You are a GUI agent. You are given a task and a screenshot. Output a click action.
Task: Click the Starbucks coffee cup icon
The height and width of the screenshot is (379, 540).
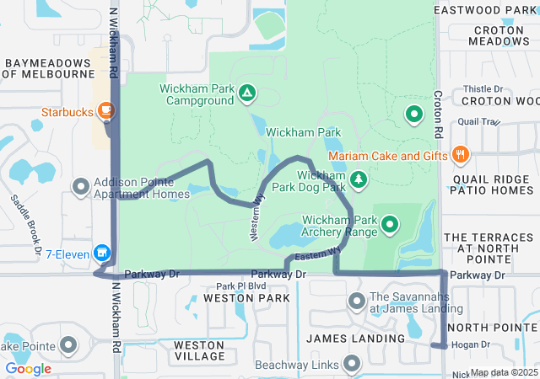click(105, 109)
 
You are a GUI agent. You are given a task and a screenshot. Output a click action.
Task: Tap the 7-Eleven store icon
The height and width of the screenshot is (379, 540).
click(102, 252)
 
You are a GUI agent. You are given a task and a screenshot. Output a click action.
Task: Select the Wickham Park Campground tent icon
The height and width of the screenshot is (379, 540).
click(246, 92)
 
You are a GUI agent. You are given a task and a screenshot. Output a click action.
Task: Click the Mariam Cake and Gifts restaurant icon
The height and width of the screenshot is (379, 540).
click(460, 154)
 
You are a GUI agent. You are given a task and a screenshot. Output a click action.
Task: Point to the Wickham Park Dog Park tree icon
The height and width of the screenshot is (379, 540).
click(359, 179)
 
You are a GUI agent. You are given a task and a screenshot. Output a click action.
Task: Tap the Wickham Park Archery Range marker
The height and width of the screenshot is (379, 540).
click(390, 224)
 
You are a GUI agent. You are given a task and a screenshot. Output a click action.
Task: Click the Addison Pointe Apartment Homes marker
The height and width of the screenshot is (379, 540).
click(81, 186)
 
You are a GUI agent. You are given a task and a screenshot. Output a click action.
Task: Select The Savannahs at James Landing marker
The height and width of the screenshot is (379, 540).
click(356, 301)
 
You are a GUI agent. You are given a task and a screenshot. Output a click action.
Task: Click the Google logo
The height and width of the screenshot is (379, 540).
click(28, 369)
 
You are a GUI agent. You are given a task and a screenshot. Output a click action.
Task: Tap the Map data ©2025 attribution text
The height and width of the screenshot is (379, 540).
click(504, 372)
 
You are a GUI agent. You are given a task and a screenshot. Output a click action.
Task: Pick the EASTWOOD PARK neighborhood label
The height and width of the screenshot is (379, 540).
click(486, 10)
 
